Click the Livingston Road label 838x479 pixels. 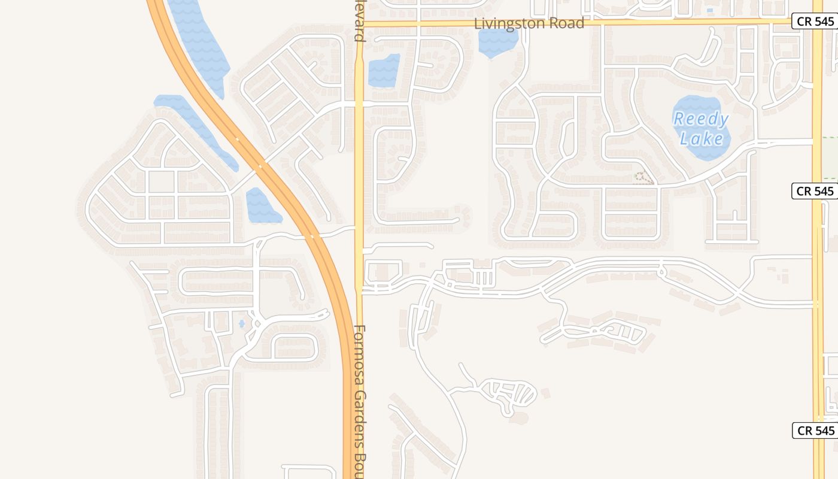coord(529,23)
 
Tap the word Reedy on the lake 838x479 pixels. coord(700,119)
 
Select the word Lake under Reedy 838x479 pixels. coord(702,139)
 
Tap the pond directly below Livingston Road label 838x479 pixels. coord(498,42)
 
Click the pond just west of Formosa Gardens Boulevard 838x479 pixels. coord(383,71)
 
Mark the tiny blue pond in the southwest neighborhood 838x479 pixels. coord(242,324)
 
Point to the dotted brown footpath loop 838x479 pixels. coord(643,178)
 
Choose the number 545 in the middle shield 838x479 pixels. coord(824,191)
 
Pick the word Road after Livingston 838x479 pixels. coord(569,23)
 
